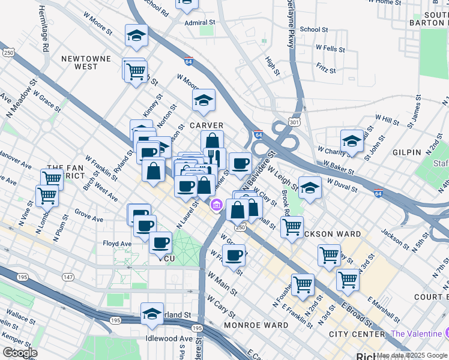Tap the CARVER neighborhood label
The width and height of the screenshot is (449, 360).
pyautogui.click(x=206, y=125)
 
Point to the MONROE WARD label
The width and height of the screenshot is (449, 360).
pyautogui.click(x=248, y=325)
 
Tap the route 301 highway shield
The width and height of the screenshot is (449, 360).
pyautogui.click(x=293, y=122)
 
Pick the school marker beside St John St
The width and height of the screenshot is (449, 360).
pyautogui.click(x=351, y=141)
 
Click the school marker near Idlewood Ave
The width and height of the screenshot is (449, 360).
pyautogui.click(x=152, y=313)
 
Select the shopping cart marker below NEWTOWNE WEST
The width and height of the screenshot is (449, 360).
pyautogui.click(x=135, y=71)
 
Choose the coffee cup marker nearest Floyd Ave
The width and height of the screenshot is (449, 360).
pyautogui.click(x=160, y=242)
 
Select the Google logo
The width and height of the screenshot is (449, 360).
pyautogui.click(x=20, y=352)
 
